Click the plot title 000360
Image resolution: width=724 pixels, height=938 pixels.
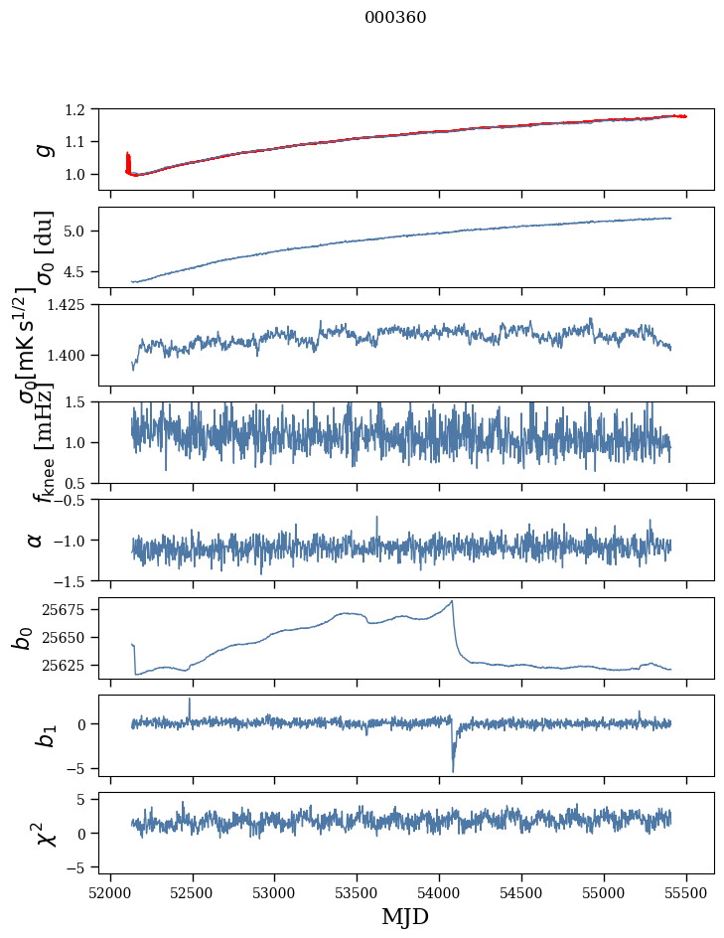coord(395,18)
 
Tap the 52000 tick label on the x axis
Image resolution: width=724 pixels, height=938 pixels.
coord(110,892)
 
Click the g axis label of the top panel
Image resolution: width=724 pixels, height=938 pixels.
coord(42,149)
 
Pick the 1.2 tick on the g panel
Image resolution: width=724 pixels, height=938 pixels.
coord(84,109)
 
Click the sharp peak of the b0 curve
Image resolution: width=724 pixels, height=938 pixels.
coord(452,601)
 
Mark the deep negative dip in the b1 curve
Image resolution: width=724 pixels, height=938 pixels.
coord(453,770)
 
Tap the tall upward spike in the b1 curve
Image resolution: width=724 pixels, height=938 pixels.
coord(190,700)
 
